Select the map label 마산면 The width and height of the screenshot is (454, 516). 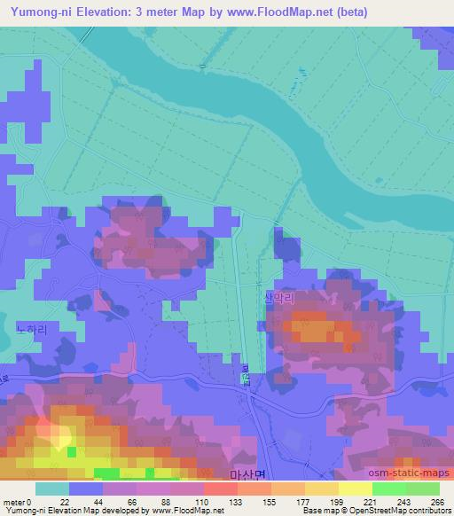[247, 475]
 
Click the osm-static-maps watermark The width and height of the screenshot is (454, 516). [418, 475]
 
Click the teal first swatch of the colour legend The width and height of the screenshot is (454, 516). [52, 489]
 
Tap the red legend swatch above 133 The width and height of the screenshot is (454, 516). [220, 489]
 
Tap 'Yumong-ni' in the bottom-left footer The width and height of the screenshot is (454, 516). [24, 511]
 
